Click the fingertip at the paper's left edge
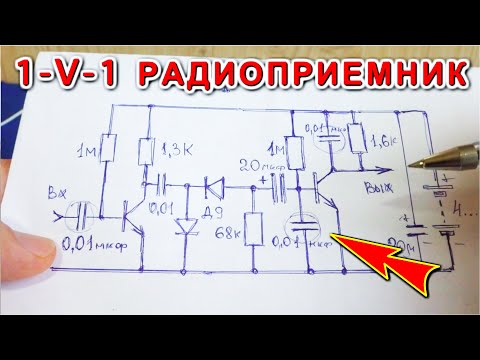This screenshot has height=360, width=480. (x=22, y=240)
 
